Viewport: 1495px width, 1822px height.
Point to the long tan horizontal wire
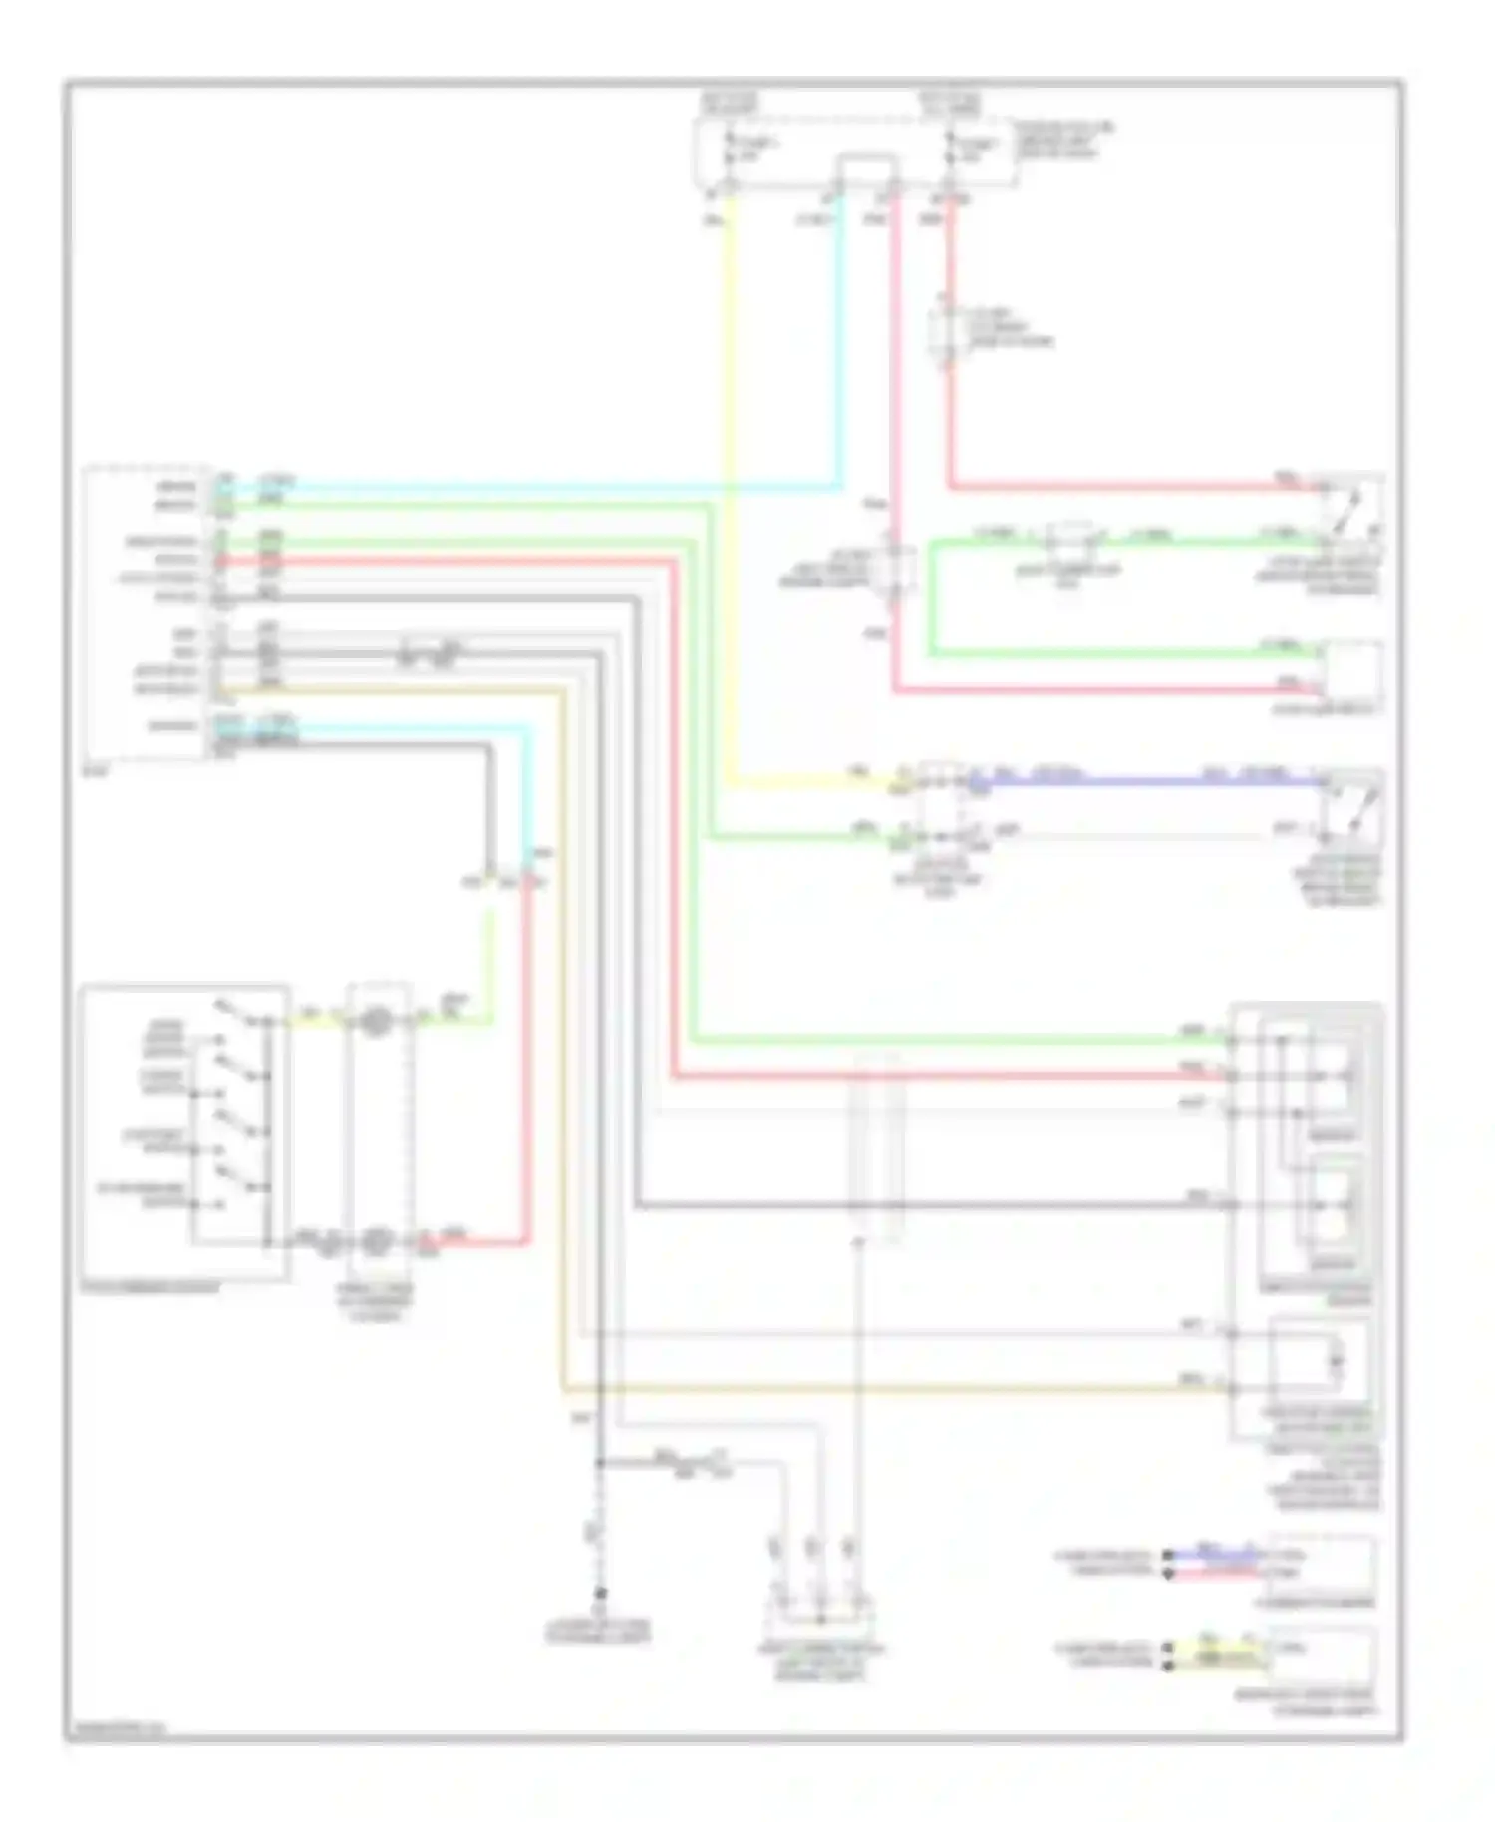click(897, 1388)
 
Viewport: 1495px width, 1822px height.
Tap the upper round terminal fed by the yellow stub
click(376, 1021)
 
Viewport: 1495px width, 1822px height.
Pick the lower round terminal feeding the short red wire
click(376, 1242)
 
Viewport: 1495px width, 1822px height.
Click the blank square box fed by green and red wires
click(1352, 672)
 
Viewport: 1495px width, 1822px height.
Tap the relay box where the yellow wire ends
click(939, 802)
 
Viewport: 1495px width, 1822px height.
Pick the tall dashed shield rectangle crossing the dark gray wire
click(877, 1146)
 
